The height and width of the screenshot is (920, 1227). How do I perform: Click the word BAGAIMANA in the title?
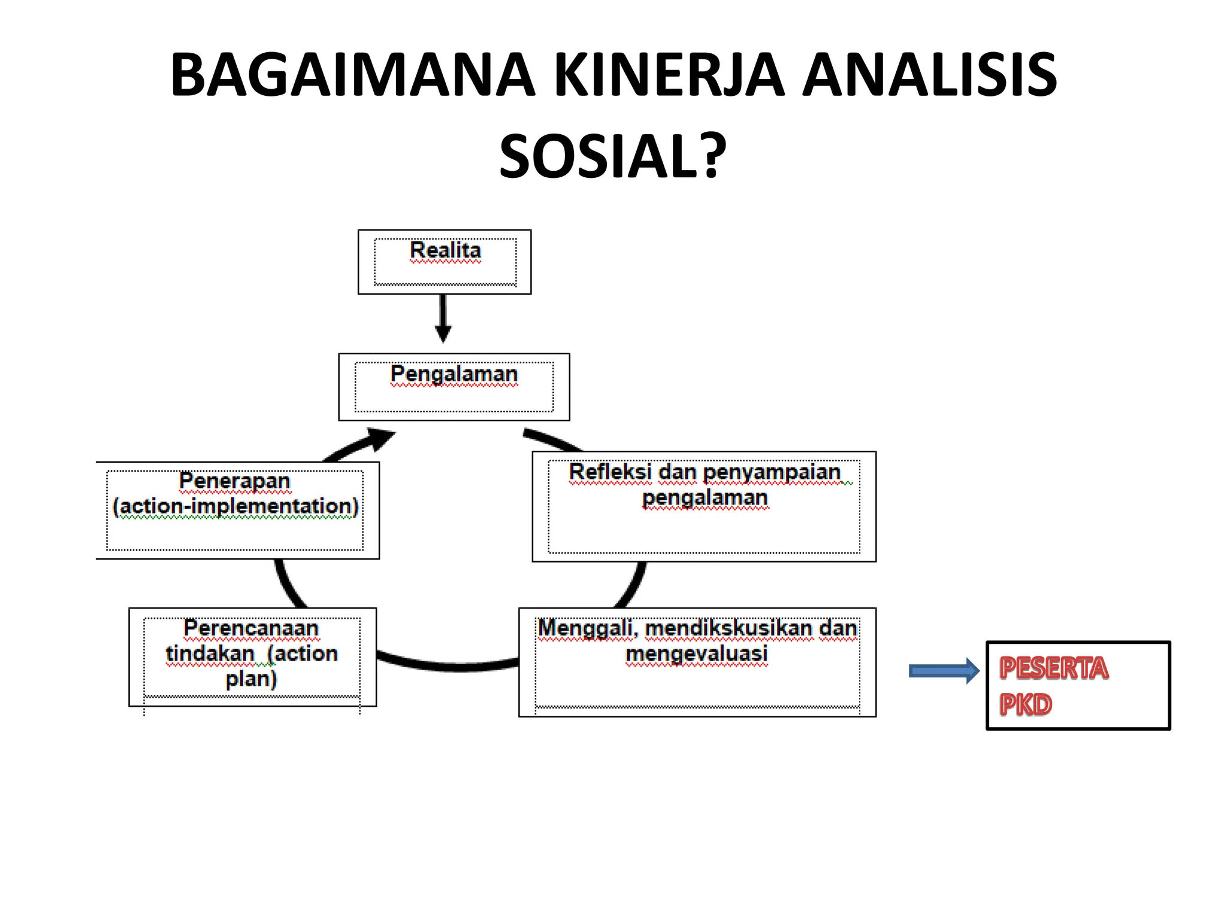tap(352, 75)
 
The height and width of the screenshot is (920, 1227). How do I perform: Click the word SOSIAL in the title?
tap(600, 157)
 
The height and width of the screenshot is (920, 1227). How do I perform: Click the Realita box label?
tap(445, 250)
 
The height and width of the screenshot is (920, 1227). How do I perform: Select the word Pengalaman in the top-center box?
tap(454, 374)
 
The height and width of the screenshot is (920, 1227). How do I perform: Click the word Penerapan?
tap(234, 481)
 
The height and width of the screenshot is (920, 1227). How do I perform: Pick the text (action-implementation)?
tap(235, 507)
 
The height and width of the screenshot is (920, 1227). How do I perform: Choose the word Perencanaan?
tap(250, 628)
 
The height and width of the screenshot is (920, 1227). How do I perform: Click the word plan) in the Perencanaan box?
tap(251, 679)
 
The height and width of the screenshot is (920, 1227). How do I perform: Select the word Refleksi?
tap(609, 472)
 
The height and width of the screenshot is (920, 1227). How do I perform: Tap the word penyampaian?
tap(772, 473)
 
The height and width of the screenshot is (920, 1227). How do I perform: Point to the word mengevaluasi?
tap(696, 653)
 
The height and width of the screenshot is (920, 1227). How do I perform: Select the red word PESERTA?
tap(1053, 668)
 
